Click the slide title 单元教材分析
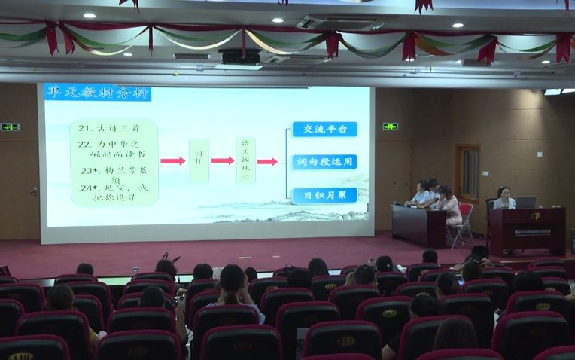coord(98,93)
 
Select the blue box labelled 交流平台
coord(324,129)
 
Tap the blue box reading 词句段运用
coord(324,161)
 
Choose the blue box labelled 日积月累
coord(324,194)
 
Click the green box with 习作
coord(199,160)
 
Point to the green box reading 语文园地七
coord(245,160)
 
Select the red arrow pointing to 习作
coord(172,160)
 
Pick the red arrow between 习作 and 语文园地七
coord(222,160)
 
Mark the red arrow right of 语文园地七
coord(267,161)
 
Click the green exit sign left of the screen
coord(10,127)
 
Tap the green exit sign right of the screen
coord(390,126)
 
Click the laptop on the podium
coord(525,202)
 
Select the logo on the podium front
coord(534,217)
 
